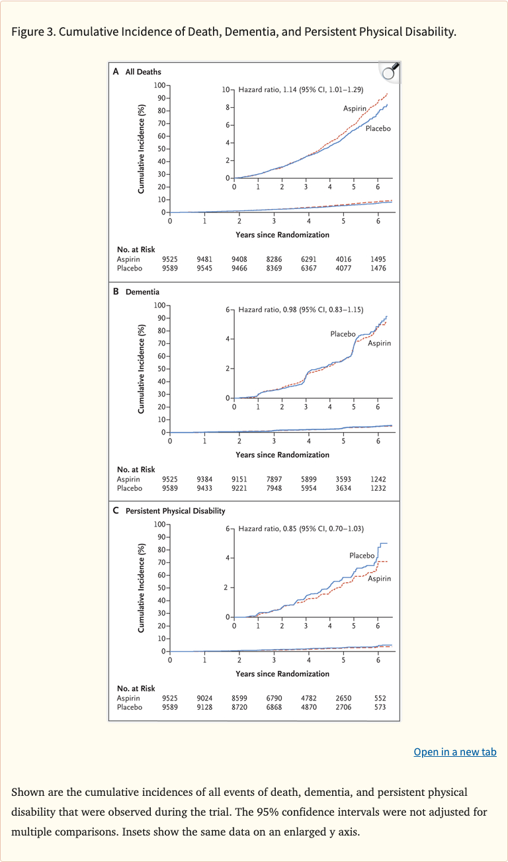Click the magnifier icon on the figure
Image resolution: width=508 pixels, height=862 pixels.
(x=390, y=71)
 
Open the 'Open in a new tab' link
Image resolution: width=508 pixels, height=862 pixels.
(x=454, y=752)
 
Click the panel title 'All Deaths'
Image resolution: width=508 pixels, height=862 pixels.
(x=143, y=71)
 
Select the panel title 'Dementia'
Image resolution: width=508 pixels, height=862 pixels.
(x=142, y=291)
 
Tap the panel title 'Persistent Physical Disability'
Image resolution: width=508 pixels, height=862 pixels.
(x=175, y=511)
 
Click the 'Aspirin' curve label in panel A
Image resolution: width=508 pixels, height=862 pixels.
(x=355, y=108)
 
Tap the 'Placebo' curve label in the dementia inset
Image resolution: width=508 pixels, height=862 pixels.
(x=343, y=334)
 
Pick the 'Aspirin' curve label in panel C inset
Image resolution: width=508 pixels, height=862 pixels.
(x=379, y=578)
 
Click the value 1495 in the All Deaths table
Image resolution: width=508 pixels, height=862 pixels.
(x=378, y=259)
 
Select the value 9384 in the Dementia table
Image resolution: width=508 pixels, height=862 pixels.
(x=204, y=479)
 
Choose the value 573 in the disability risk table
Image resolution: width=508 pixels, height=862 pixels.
(x=378, y=707)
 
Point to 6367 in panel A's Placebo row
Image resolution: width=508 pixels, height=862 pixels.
(x=308, y=269)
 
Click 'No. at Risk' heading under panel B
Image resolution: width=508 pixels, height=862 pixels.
(x=136, y=470)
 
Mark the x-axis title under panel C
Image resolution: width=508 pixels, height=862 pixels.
(x=282, y=673)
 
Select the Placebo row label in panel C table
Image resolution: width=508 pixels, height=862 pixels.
(x=130, y=707)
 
